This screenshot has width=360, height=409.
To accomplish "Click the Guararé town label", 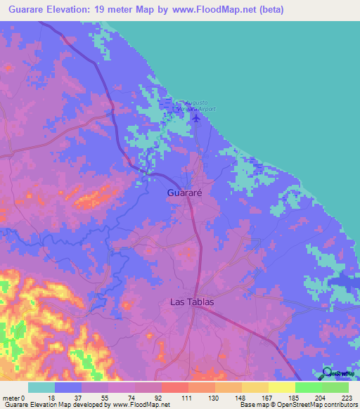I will point(186,192).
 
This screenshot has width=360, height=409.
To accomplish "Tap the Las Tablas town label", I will point(191,302).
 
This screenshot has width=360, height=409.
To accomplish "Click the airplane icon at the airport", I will point(195,117).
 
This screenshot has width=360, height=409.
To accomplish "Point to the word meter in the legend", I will point(12,397).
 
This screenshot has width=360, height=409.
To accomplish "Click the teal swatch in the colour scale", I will point(41,387).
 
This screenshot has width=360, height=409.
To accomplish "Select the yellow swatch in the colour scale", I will point(281,387).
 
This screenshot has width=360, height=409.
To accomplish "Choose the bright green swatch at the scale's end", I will point(335,387).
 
